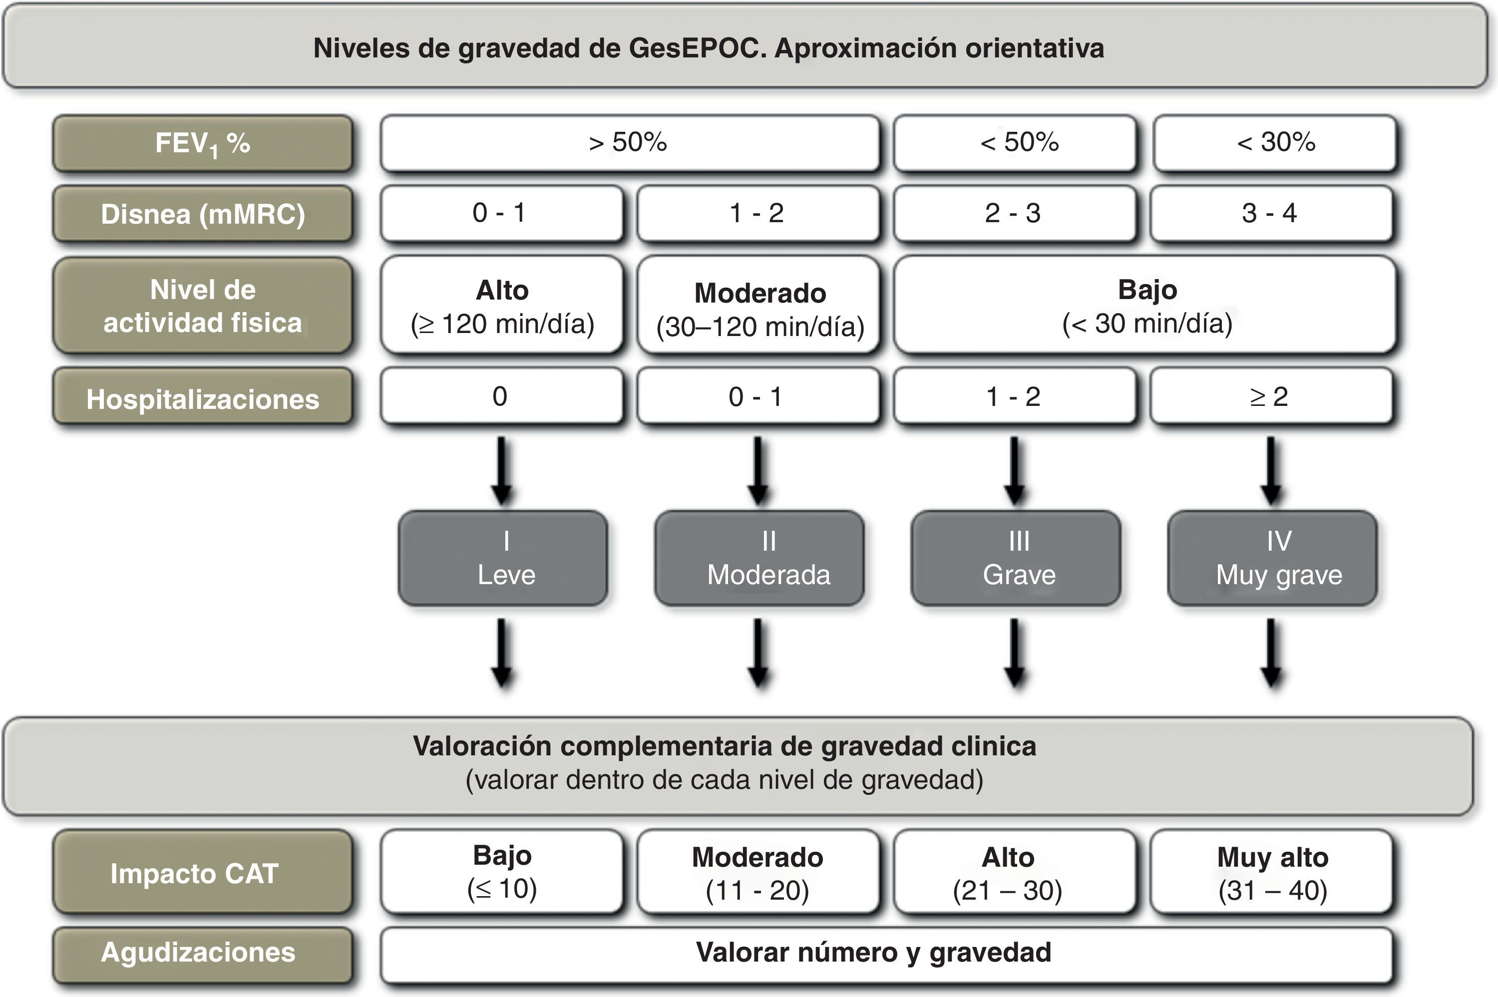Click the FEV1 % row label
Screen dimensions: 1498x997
point(202,144)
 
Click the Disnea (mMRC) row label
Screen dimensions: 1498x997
point(202,214)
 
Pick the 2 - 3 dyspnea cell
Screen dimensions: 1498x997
point(1014,214)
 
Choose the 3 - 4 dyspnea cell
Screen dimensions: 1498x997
point(1270,214)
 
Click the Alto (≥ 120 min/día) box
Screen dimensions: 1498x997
point(502,305)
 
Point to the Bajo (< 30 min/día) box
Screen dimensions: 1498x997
point(1146,305)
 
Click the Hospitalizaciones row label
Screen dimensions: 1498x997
point(202,399)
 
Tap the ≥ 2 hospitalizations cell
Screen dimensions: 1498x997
point(1270,397)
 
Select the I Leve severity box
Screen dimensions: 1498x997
point(503,558)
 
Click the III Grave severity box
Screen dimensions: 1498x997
point(1016,558)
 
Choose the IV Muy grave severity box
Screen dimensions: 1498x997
point(1273,558)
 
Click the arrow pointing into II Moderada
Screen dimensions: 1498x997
point(758,470)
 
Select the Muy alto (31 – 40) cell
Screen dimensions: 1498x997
point(1272,872)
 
